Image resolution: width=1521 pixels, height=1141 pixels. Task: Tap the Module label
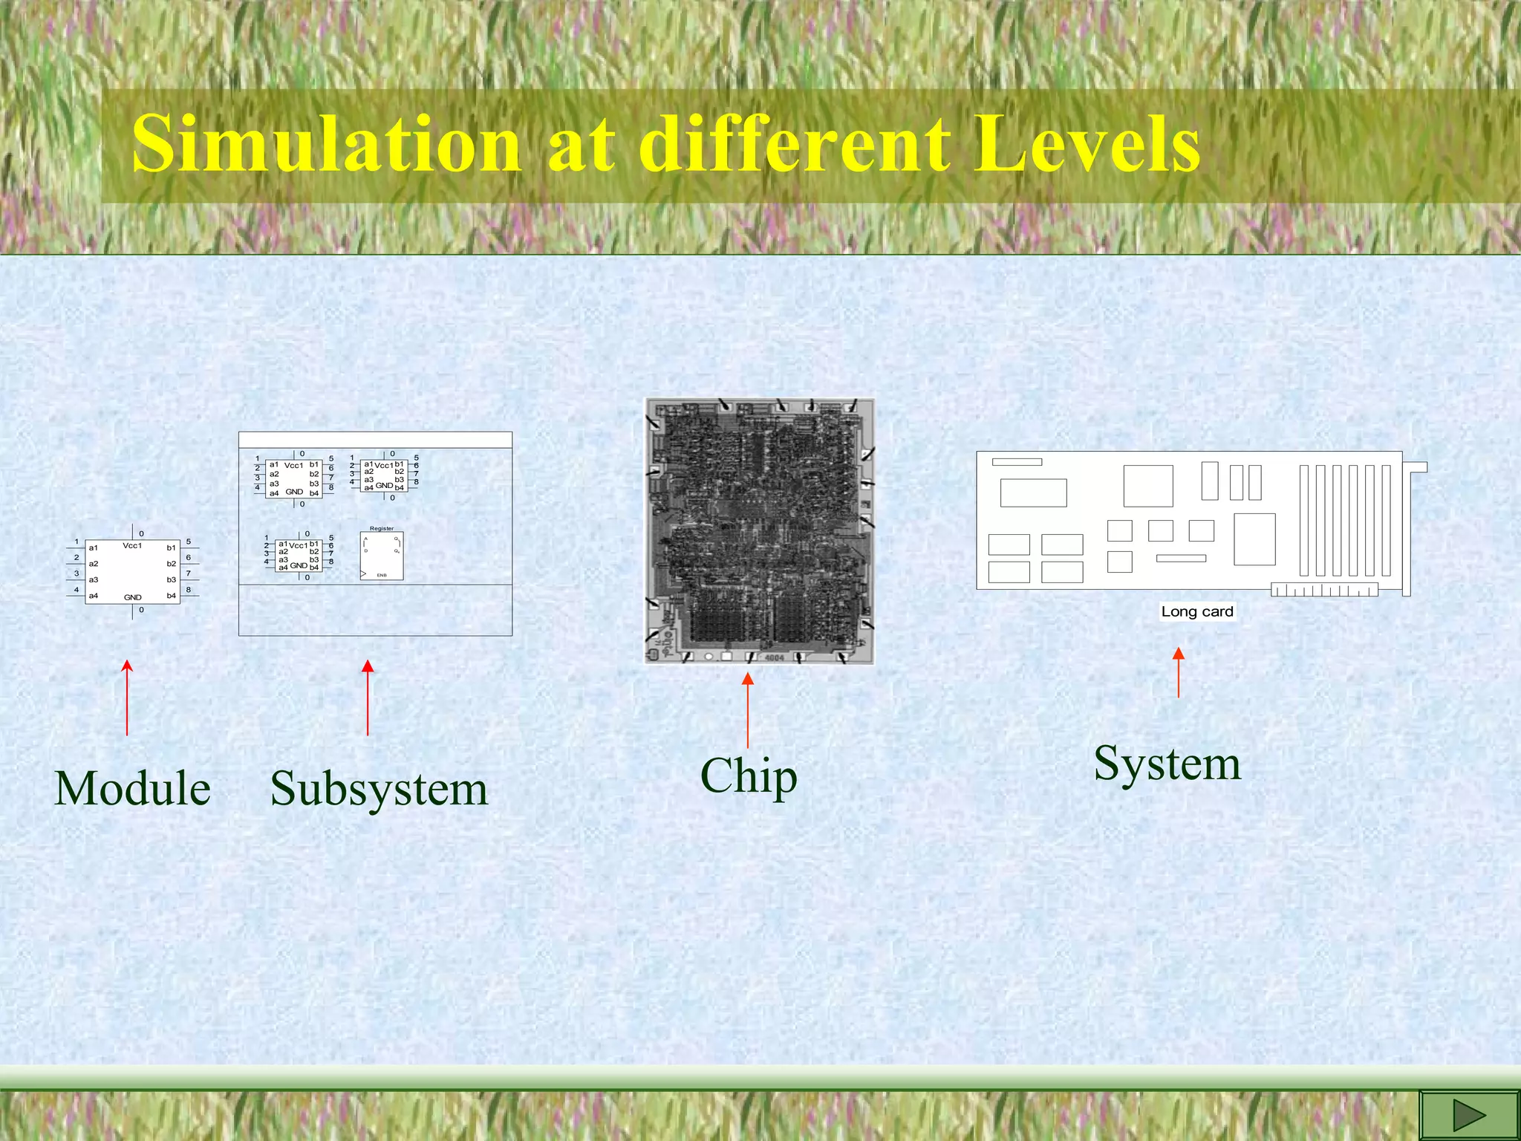132,788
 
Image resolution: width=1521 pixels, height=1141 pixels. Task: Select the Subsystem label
379,789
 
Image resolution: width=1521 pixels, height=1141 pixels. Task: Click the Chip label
749,776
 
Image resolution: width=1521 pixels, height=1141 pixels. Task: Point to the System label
1167,764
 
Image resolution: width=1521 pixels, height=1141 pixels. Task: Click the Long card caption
1196,611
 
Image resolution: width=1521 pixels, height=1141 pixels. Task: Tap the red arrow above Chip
748,709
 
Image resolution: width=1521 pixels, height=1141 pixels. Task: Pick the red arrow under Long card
1179,672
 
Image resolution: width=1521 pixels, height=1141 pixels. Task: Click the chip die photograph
759,530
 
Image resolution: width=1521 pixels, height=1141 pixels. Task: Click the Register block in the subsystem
382,556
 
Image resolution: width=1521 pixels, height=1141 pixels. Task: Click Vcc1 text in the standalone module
132,545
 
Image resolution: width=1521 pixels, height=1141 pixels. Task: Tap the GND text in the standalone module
132,597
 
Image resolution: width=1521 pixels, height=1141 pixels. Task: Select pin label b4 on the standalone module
171,596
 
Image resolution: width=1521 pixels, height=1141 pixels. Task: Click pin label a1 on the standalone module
94,548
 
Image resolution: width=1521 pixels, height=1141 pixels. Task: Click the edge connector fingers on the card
1324,591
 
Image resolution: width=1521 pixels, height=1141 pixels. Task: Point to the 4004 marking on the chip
774,657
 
